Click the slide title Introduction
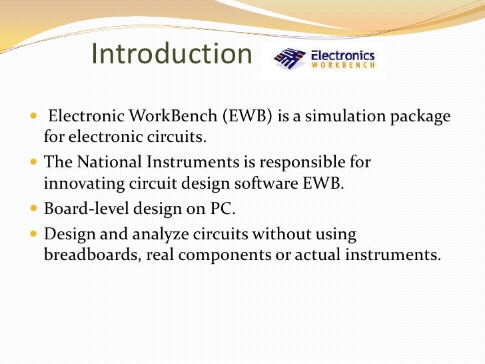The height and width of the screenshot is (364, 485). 171,55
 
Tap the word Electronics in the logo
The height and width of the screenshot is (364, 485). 343,56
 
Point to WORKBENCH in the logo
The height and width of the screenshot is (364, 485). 343,66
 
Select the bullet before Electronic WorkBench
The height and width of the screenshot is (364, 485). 35,117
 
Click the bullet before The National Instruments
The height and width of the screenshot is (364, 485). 35,163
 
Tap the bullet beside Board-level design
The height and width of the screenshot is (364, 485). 35,208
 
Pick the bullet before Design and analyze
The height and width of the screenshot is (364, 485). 35,235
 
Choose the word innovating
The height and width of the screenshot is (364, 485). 81,184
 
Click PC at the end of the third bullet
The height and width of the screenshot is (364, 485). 224,208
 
